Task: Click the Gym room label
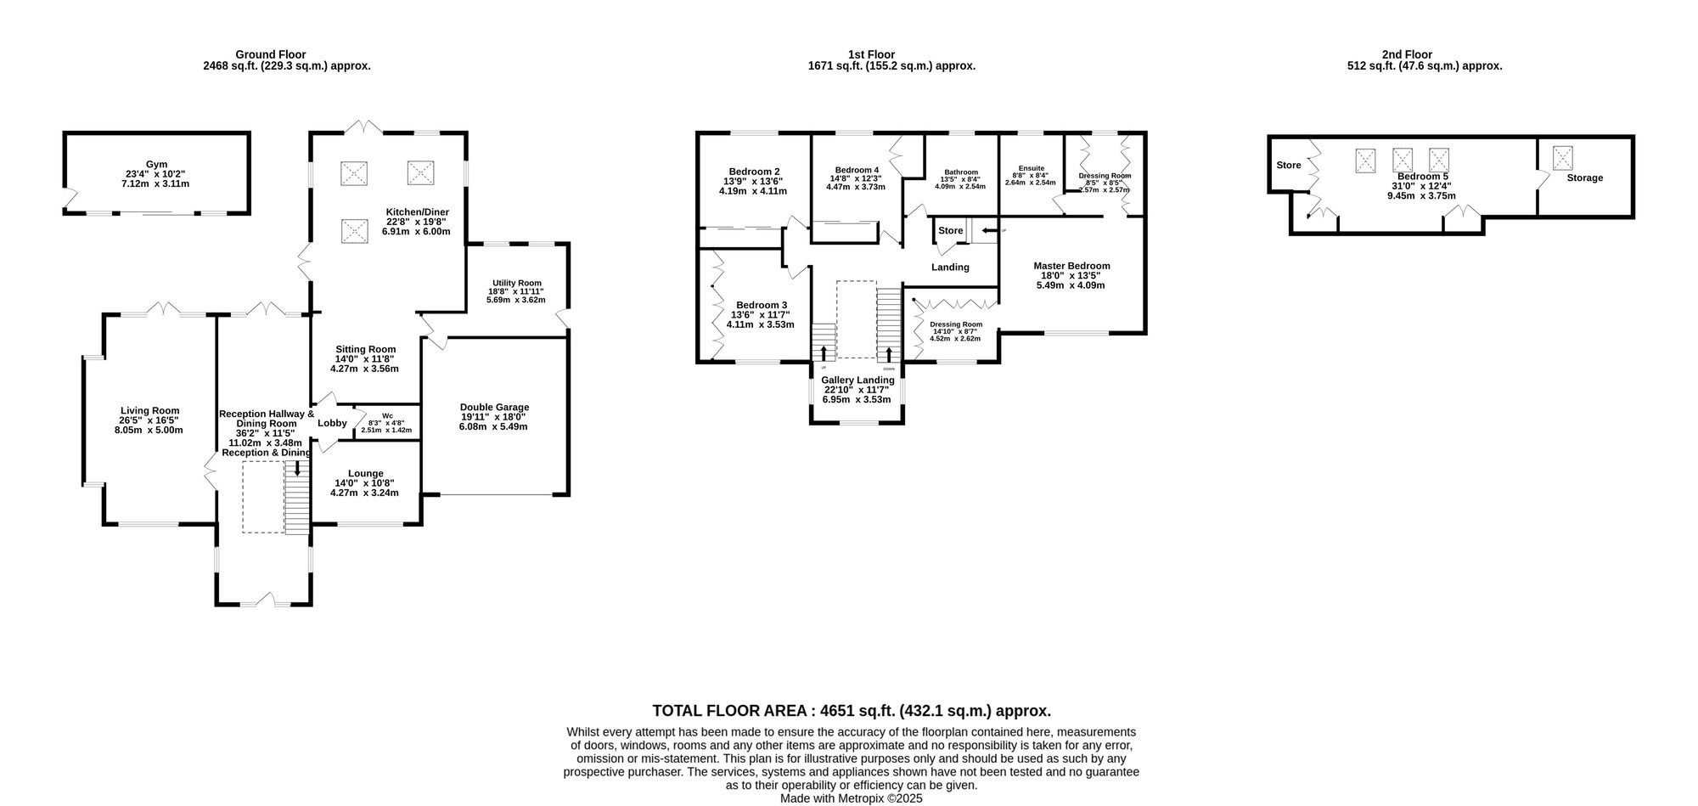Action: [x=156, y=165]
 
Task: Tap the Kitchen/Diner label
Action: [x=417, y=212]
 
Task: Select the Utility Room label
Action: [x=516, y=284]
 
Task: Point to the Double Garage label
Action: [x=494, y=407]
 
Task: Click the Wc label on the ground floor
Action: [x=386, y=416]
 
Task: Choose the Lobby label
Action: [x=332, y=423]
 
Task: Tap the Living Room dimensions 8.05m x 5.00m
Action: [x=149, y=430]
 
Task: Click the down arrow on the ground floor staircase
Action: [x=297, y=469]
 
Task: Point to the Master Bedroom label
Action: [x=1071, y=266]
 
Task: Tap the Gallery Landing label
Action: [x=857, y=380]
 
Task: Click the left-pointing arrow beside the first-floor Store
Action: [x=988, y=230]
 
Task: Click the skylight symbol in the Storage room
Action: [x=1563, y=158]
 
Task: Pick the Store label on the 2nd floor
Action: [x=1288, y=166]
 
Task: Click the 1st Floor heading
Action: [x=871, y=54]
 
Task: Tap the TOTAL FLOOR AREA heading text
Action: [x=851, y=711]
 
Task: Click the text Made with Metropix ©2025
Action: [x=851, y=798]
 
